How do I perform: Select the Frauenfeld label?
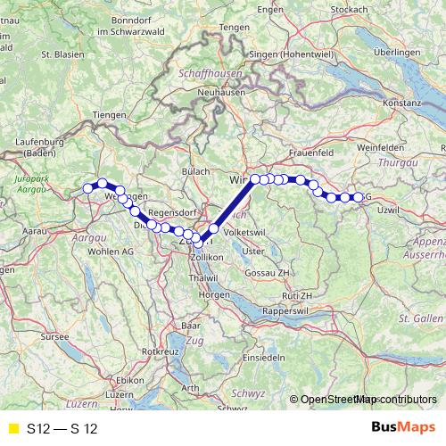coord(310,153)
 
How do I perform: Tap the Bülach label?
coord(195,171)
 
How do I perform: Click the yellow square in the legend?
coord(12,428)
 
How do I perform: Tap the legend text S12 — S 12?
coord(62,428)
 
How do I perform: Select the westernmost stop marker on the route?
coord(88,187)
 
